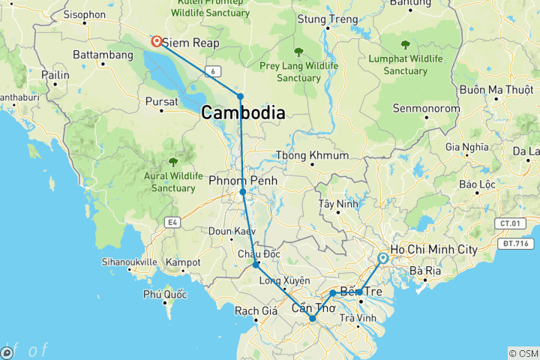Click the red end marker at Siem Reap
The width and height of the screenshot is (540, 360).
point(157,42)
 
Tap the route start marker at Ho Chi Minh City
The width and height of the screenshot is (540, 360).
point(383,259)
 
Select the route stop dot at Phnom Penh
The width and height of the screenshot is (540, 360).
point(243,193)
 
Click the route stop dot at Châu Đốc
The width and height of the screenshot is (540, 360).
point(256,265)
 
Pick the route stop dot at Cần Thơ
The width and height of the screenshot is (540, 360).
point(313,319)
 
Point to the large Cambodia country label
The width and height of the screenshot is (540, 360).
point(242,114)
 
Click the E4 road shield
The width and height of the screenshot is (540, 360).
point(174,222)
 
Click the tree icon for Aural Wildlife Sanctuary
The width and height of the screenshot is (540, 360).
point(173,160)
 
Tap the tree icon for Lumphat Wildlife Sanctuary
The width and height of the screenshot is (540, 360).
point(405,44)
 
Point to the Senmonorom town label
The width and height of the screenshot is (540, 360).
point(426,109)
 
